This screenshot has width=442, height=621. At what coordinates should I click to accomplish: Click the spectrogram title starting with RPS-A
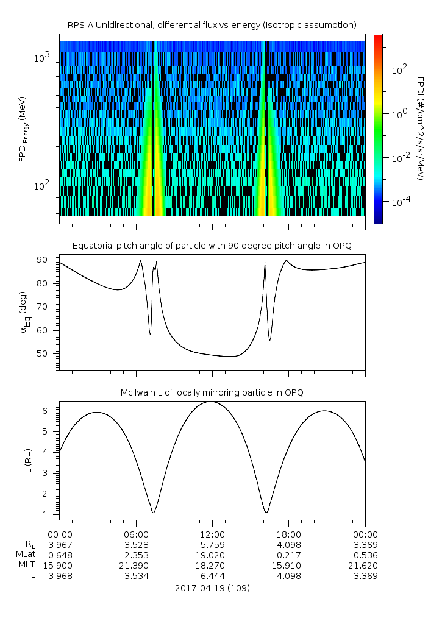[x=212, y=25]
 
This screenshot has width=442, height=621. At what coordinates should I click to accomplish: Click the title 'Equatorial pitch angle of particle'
[x=212, y=246]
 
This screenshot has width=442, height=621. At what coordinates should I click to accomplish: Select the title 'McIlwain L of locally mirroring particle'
[x=212, y=392]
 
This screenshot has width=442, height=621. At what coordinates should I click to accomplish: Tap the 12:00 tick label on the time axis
[x=212, y=534]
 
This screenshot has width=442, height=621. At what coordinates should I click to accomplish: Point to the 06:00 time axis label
[x=136, y=534]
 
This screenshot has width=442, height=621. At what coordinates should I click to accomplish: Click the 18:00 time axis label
[x=289, y=534]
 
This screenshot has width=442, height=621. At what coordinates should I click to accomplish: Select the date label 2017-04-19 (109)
[x=212, y=588]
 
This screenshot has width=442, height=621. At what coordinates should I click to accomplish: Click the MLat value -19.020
[x=212, y=555]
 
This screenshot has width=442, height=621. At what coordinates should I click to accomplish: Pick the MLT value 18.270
[x=212, y=566]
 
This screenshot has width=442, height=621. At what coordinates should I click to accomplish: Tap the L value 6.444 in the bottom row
[x=212, y=576]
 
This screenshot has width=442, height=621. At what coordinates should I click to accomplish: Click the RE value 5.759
[x=212, y=545]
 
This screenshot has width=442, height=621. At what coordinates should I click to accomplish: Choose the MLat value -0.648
[x=60, y=555]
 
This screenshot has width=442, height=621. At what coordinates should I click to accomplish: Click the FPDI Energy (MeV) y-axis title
[x=23, y=129]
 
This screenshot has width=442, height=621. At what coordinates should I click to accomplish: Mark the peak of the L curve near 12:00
[x=210, y=402]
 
